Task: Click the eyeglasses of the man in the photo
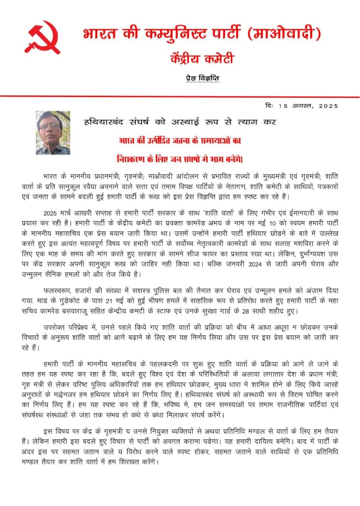[51, 126]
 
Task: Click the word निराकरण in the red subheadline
[132, 159]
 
